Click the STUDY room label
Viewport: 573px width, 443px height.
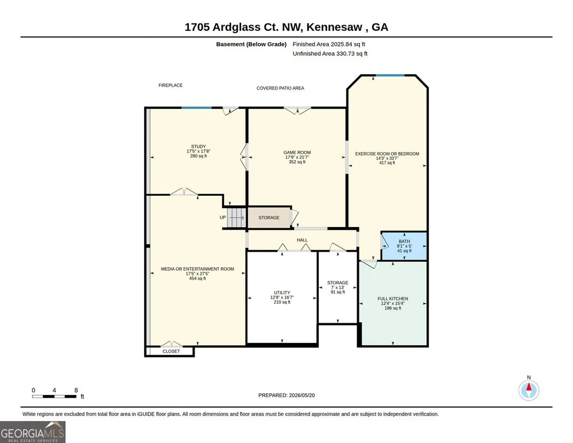(198, 147)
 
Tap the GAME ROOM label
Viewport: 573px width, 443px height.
(297, 153)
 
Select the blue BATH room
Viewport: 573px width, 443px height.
(404, 246)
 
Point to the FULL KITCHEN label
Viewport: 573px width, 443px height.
(393, 299)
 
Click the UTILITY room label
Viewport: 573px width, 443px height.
(282, 293)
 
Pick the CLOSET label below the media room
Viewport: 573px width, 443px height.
(171, 351)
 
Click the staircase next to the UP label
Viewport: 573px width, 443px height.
(236, 218)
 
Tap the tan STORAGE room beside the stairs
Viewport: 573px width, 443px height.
(269, 218)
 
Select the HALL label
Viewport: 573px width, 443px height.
(302, 240)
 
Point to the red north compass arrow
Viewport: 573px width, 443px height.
(529, 387)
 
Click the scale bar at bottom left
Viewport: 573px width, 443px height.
(54, 397)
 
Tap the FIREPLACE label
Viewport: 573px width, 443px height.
(171, 85)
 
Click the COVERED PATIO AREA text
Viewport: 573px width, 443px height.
(280, 88)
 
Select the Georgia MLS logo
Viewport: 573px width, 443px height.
(33, 432)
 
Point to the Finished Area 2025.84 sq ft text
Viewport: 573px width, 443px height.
(329, 44)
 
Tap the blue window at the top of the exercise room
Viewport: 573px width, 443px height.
(390, 76)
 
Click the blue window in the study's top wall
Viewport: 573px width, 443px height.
(197, 107)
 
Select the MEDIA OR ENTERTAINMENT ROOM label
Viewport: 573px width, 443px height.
(197, 269)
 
